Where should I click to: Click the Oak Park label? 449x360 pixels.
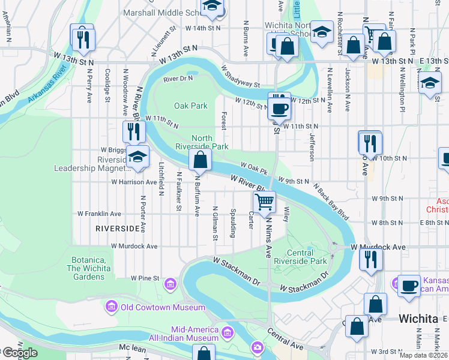191,106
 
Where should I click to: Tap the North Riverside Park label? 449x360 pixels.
202,142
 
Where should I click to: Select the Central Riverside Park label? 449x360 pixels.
301,257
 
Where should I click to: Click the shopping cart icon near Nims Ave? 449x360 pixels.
265,203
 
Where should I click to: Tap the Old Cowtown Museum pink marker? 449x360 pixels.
112,308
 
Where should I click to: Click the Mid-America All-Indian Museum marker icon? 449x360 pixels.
227,332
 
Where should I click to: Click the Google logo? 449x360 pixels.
19,353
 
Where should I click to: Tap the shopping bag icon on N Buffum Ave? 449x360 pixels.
200,160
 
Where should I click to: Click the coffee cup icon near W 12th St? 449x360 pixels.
279,109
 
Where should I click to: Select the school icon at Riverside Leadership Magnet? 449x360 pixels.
138,158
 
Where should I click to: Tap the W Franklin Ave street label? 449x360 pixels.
100,214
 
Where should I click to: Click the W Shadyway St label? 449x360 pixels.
240,77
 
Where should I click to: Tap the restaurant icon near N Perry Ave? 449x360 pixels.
82,39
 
